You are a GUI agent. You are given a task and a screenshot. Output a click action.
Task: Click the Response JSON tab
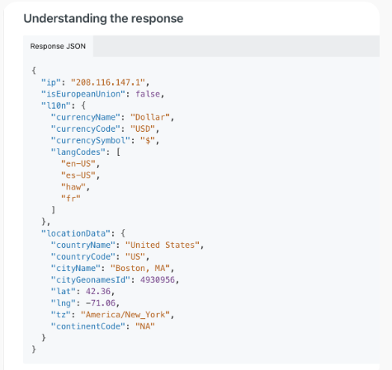point(58,46)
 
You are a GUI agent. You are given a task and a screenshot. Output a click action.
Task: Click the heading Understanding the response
point(103,19)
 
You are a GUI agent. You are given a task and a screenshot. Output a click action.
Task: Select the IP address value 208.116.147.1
point(108,82)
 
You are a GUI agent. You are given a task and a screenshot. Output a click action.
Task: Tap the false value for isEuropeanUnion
point(148,94)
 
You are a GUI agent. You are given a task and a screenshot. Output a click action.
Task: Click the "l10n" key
point(56,105)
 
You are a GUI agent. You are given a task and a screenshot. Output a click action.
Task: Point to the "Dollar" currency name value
point(150,117)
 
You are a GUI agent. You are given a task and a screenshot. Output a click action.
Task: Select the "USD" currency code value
point(143,129)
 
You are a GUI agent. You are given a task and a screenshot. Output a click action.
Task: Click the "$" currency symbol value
point(148,140)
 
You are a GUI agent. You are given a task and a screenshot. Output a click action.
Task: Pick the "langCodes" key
point(78,152)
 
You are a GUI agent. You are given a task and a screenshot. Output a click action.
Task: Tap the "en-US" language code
point(78,164)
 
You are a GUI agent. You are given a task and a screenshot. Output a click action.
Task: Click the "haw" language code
point(73,187)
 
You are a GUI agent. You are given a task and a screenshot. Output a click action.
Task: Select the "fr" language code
point(71,199)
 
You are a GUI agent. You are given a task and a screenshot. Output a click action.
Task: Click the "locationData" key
point(76,233)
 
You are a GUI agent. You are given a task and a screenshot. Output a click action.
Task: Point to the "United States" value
point(163,245)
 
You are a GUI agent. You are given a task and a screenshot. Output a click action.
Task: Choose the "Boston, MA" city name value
point(140,268)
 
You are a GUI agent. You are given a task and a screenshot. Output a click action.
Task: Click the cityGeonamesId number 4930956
point(158,279)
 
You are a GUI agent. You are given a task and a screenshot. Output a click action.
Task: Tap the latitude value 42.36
point(98,291)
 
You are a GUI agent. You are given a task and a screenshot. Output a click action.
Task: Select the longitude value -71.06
point(101,303)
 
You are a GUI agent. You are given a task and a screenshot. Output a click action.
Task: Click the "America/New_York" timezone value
point(125,315)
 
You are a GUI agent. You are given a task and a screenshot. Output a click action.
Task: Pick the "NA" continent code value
point(145,326)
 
